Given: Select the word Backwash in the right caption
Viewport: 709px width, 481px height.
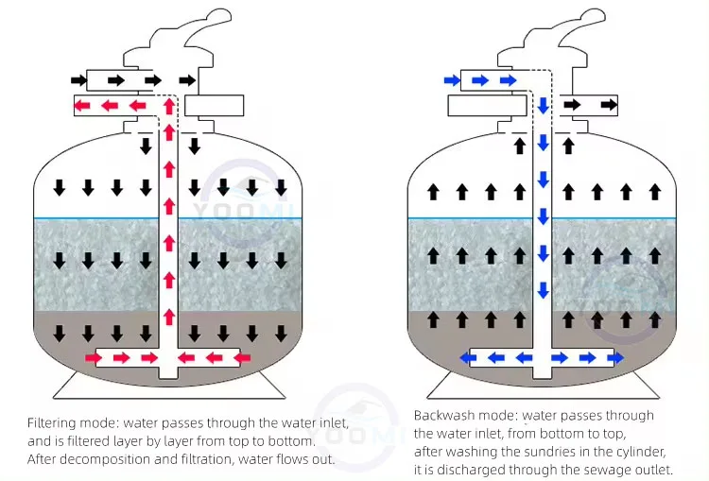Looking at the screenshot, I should coord(444,415).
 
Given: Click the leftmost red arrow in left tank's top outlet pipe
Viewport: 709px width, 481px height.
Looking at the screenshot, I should coord(84,105).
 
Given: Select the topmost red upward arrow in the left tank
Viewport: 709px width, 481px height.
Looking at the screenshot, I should coord(169,104).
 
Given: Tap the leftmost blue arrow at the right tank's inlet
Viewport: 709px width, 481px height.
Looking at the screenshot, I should coord(452,80).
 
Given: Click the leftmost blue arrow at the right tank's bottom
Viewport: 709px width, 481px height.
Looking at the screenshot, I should coord(465,357).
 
